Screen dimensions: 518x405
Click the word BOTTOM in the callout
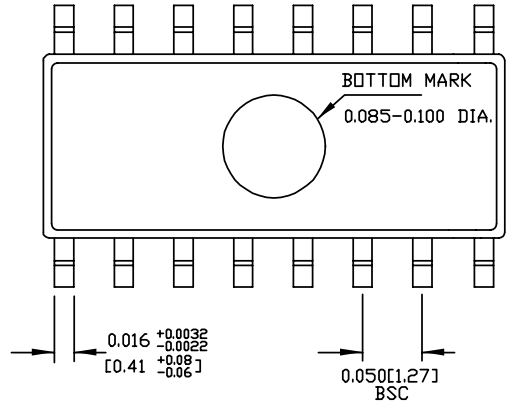377,80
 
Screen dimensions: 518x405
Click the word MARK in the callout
448,80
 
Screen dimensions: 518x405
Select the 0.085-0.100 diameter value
394,117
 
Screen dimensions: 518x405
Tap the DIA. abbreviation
474,117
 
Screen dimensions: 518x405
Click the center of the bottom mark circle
274,146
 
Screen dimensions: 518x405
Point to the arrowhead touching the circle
326,109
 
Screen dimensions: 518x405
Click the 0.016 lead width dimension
129,341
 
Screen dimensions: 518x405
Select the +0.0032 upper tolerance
182,334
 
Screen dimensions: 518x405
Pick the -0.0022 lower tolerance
182,346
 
